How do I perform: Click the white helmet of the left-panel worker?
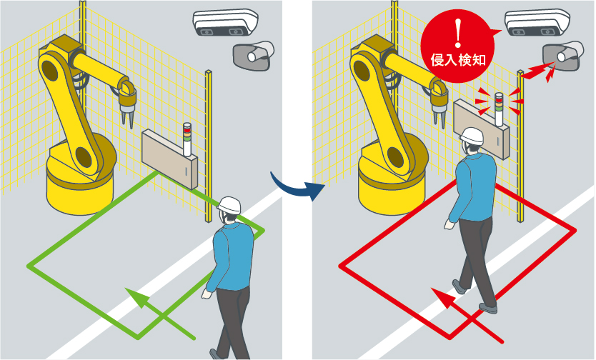tap(229, 206)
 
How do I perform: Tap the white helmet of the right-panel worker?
tap(472, 136)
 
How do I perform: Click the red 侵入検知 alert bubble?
tap(458, 46)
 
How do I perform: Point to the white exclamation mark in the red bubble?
tap(458, 32)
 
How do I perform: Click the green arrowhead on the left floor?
tap(138, 296)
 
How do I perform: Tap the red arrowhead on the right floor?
tap(444, 297)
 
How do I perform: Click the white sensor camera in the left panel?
tap(225, 22)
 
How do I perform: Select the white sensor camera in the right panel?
tap(537, 22)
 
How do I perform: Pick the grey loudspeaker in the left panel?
tap(254, 56)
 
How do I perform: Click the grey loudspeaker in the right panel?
tap(563, 56)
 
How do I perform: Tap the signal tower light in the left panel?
tap(187, 139)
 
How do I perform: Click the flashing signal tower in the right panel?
tap(499, 109)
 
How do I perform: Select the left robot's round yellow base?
tap(81, 182)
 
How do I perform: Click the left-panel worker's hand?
tap(207, 294)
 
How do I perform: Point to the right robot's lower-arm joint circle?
tap(396, 157)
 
